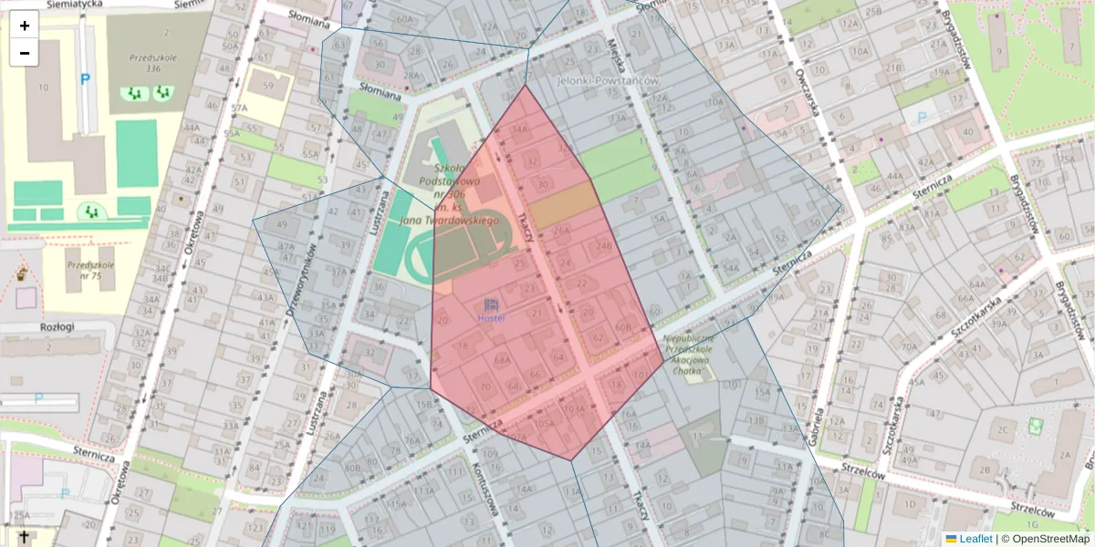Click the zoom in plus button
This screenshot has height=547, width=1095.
pyautogui.click(x=25, y=26)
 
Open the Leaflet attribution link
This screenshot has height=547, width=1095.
pyautogui.click(x=975, y=539)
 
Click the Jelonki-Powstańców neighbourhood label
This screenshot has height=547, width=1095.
pyautogui.click(x=607, y=81)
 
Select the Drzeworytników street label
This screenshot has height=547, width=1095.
pyautogui.click(x=299, y=278)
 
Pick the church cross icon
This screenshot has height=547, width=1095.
pyautogui.click(x=23, y=536)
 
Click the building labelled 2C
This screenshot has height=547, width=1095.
pyautogui.click(x=1005, y=429)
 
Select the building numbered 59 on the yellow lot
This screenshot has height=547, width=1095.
pyautogui.click(x=267, y=87)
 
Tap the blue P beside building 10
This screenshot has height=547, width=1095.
pyautogui.click(x=85, y=79)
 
